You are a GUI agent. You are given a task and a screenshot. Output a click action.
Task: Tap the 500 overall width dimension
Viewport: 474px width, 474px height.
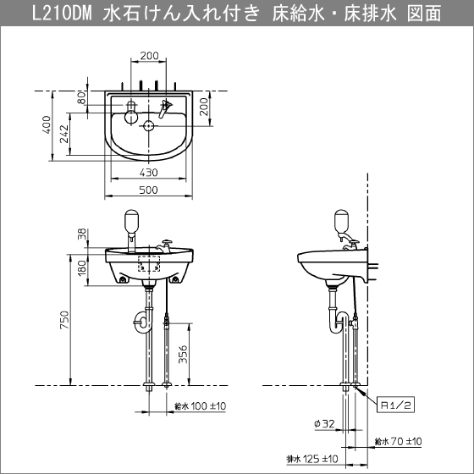click(x=149, y=190)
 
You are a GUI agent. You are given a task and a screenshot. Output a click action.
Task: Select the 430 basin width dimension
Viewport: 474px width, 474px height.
click(x=149, y=172)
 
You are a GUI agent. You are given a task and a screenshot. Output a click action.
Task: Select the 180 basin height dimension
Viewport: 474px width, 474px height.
click(x=82, y=267)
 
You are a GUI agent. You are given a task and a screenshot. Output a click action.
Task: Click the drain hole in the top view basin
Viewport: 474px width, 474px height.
click(x=149, y=127)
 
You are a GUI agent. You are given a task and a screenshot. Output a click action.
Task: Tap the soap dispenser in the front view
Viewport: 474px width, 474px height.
click(x=132, y=222)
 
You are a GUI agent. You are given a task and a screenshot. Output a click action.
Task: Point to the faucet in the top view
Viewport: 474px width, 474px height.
click(x=168, y=108)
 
